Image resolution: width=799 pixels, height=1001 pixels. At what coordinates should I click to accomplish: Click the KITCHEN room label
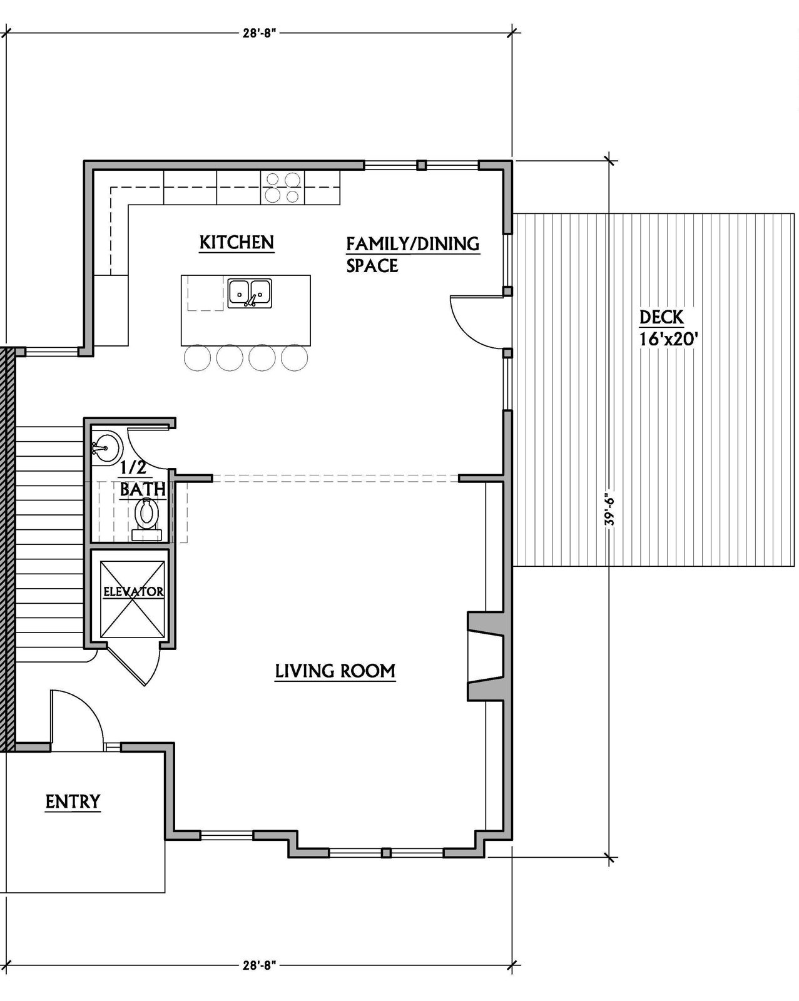(x=237, y=242)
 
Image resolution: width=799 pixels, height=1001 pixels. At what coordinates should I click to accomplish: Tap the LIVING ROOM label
(x=335, y=671)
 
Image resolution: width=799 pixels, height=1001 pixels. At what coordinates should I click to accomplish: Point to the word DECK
(x=661, y=317)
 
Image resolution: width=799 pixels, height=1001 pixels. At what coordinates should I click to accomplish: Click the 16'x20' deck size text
(x=668, y=339)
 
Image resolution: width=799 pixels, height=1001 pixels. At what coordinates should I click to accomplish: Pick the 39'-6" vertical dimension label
(x=609, y=509)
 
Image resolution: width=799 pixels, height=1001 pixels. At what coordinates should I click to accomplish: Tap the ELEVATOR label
(x=133, y=592)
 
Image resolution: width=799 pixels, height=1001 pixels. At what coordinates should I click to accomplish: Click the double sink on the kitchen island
(x=250, y=293)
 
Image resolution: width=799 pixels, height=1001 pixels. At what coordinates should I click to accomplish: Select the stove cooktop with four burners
(x=282, y=188)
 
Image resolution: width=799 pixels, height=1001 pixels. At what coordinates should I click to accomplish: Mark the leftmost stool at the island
(x=197, y=358)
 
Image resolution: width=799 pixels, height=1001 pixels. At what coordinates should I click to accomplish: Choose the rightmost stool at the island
(x=294, y=358)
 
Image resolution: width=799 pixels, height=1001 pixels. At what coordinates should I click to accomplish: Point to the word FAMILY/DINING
(x=413, y=244)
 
